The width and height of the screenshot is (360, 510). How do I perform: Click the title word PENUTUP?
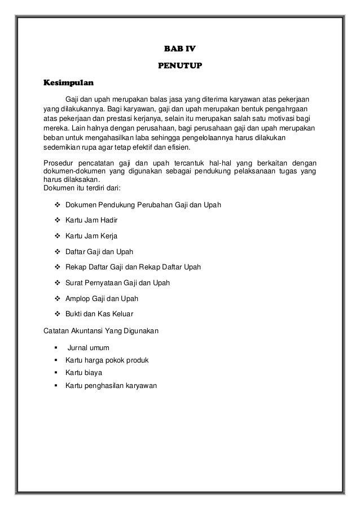click(180, 67)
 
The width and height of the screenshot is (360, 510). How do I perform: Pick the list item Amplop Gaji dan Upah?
click(102, 298)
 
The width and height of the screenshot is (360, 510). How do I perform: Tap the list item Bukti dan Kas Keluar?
click(100, 314)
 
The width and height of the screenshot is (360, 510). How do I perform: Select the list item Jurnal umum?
click(89, 347)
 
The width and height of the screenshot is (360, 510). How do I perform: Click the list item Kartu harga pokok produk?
click(107, 360)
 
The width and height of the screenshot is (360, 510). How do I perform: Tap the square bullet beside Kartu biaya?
click(56, 373)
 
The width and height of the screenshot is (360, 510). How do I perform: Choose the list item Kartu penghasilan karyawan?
click(111, 386)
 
